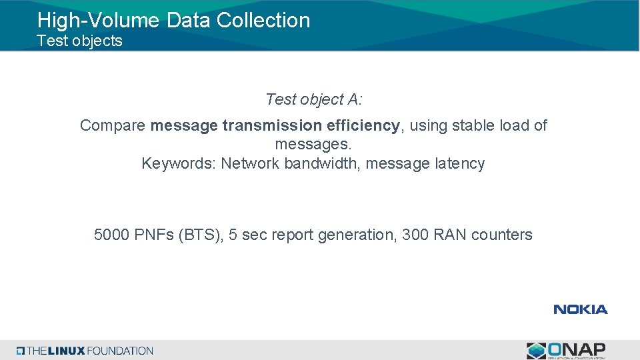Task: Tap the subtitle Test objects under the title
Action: tap(79, 41)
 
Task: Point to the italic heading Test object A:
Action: tap(313, 99)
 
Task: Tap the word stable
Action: tap(474, 125)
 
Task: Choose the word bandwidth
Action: tap(323, 163)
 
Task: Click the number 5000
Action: tap(112, 235)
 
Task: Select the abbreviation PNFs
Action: tap(154, 235)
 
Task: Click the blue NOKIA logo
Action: tap(580, 309)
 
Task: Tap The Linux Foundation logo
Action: tap(85, 351)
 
